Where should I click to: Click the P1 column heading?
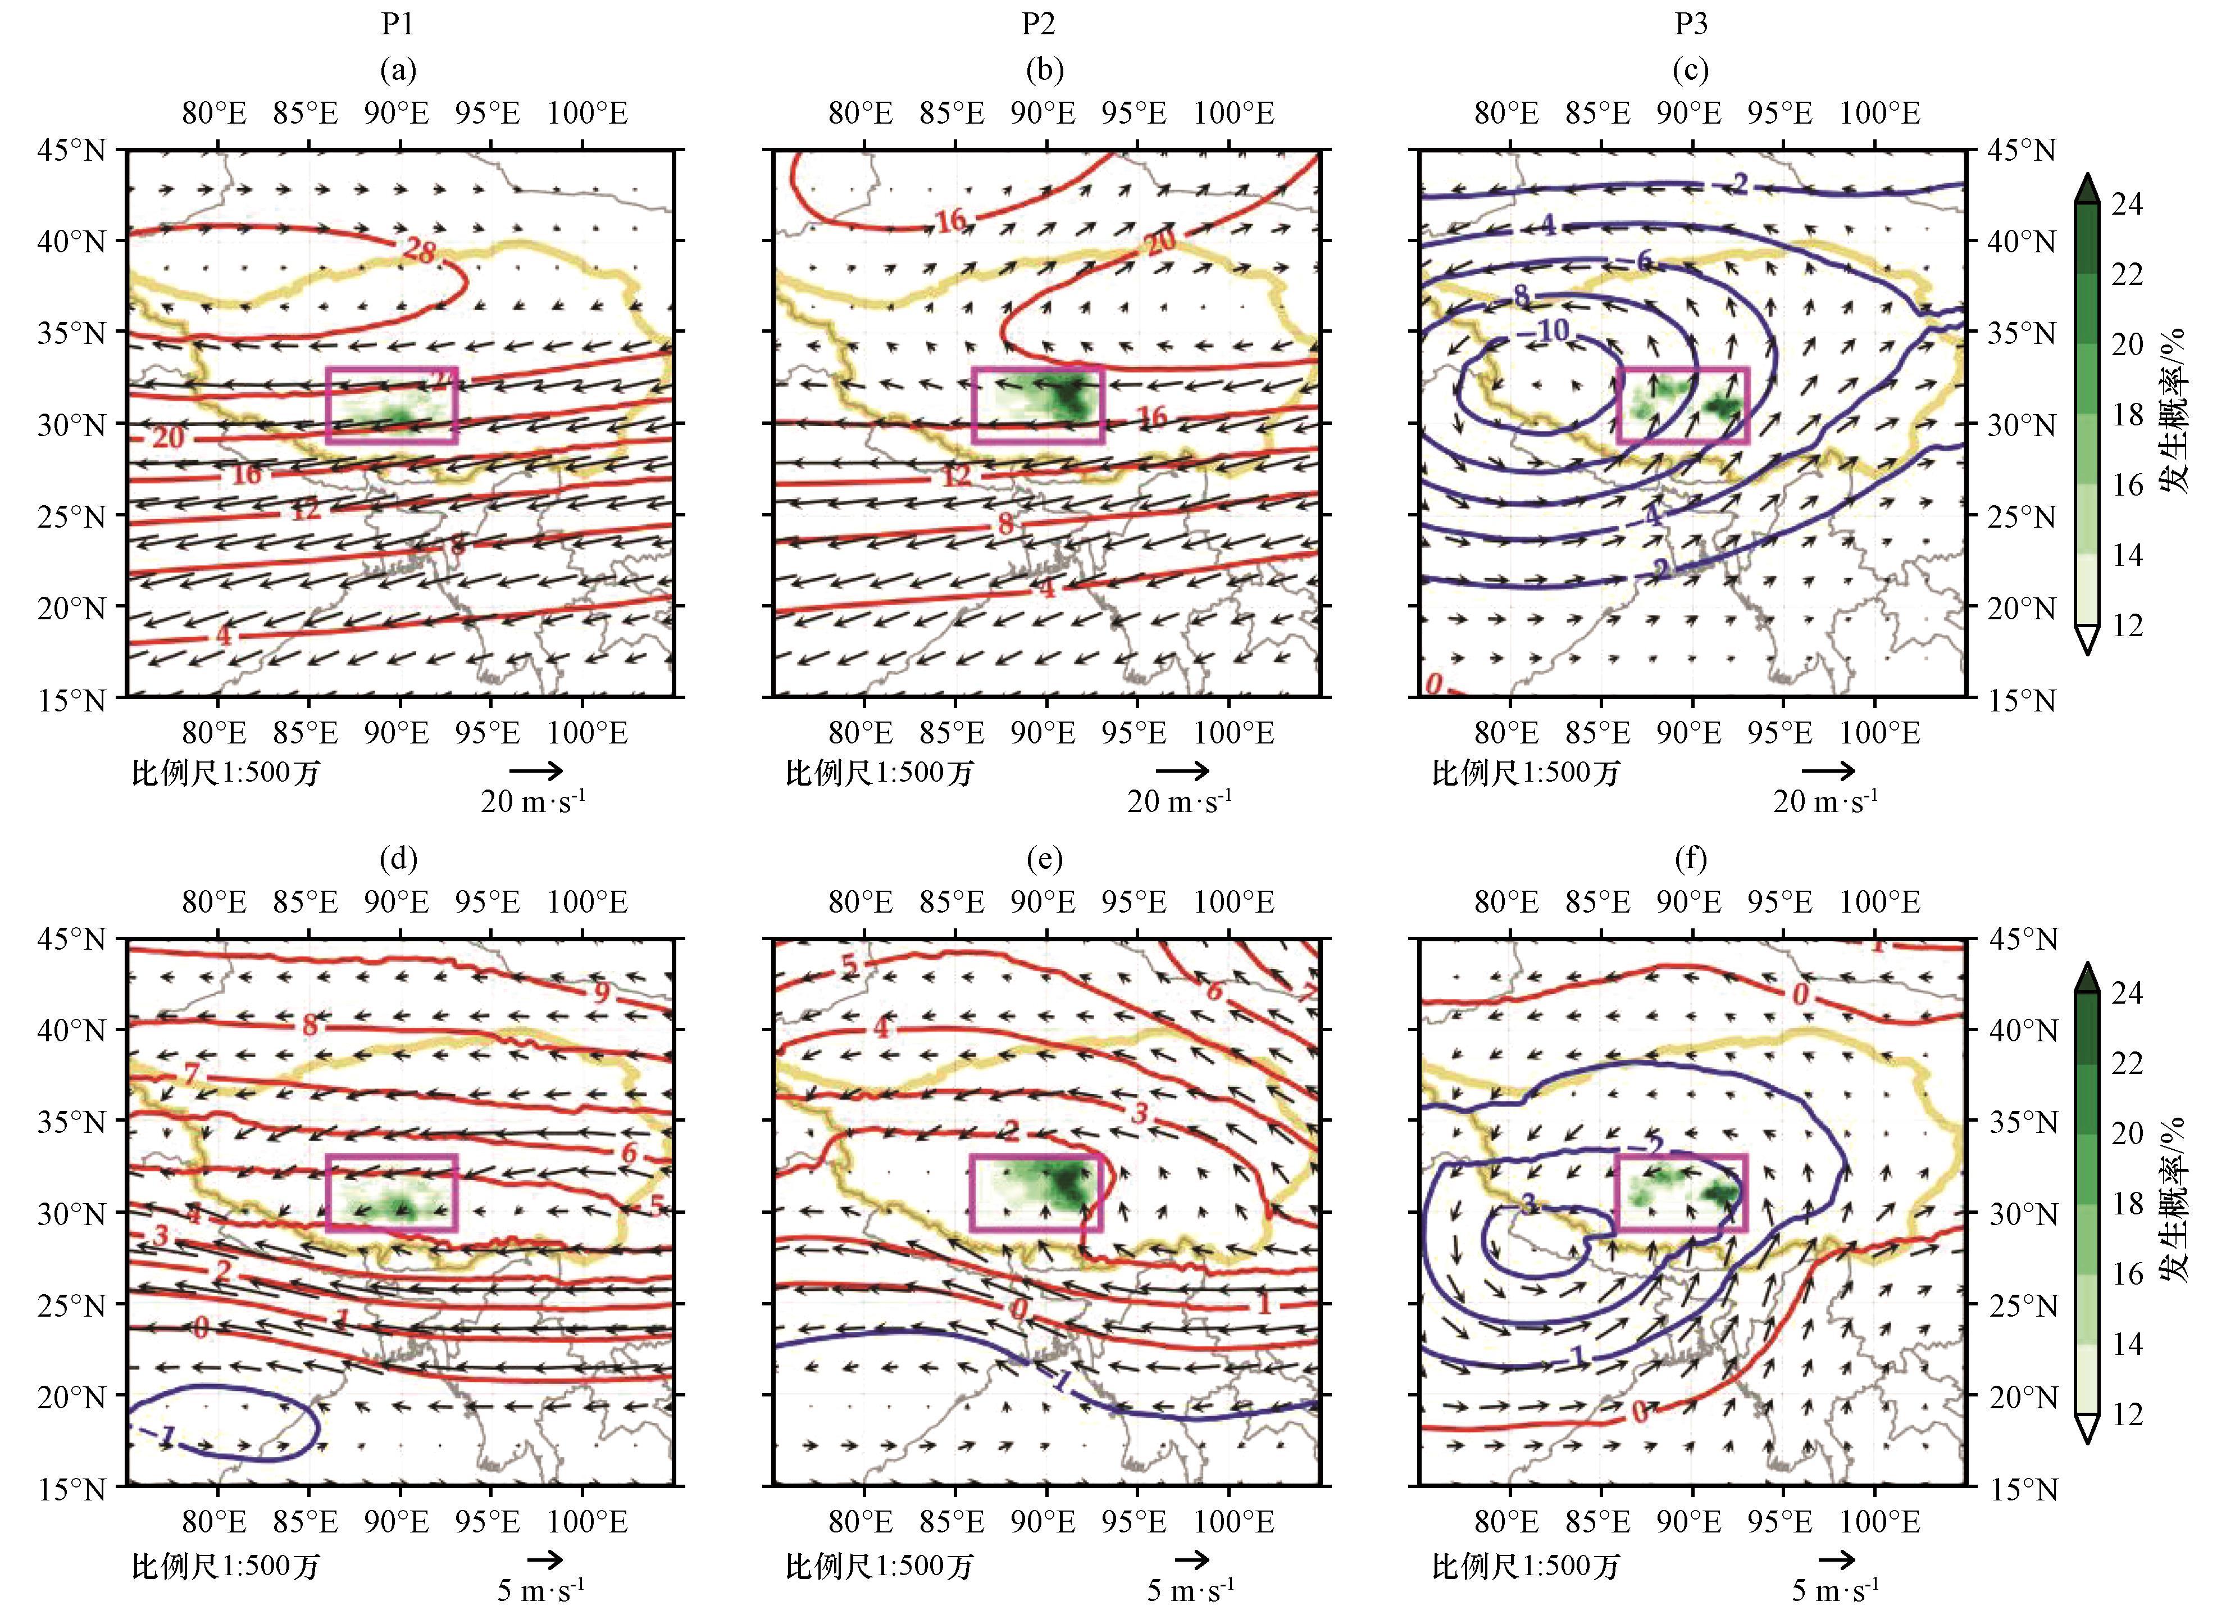click(x=398, y=24)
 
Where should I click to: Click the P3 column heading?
click(x=1690, y=24)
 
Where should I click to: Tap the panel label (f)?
click(x=1690, y=859)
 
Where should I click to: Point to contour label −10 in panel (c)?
click(x=1548, y=331)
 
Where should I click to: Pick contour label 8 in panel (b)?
click(x=1005, y=524)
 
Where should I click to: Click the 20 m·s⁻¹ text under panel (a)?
click(x=533, y=802)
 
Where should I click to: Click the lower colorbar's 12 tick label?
click(x=2127, y=1414)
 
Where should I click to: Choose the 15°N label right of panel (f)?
click(x=2022, y=1488)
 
